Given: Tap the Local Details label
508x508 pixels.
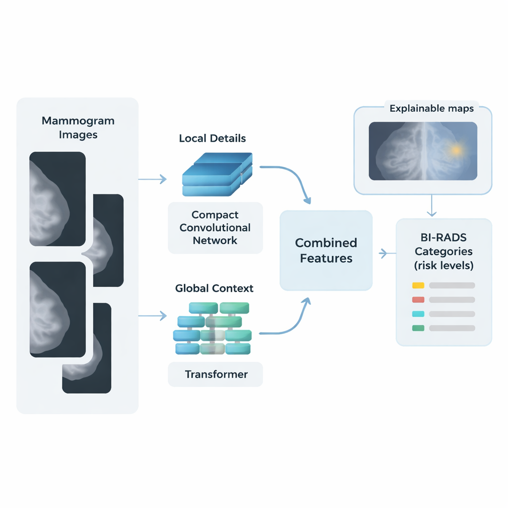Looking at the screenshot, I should (212, 138).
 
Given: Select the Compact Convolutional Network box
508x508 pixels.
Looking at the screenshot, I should (215, 228).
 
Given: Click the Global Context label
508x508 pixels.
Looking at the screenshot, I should (214, 288).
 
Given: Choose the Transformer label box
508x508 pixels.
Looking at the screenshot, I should (216, 374).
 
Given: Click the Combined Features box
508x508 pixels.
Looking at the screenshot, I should (326, 251).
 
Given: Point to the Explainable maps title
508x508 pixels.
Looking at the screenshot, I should (432, 108).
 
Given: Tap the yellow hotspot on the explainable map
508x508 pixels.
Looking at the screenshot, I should (455, 149).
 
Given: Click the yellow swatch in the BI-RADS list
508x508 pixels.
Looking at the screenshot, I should (418, 285).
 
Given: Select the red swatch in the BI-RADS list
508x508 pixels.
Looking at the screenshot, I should (418, 300).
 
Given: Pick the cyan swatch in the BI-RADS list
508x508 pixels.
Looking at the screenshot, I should (418, 314).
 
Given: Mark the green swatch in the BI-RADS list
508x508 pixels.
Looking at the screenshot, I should (418, 328).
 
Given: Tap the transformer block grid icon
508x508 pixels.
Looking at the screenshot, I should (212, 328).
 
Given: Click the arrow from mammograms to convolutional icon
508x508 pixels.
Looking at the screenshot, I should (152, 179).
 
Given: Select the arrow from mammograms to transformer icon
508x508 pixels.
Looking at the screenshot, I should (152, 316).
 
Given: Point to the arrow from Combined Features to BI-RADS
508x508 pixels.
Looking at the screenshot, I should (384, 254).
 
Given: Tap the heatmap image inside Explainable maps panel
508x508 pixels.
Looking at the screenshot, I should (423, 151).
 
